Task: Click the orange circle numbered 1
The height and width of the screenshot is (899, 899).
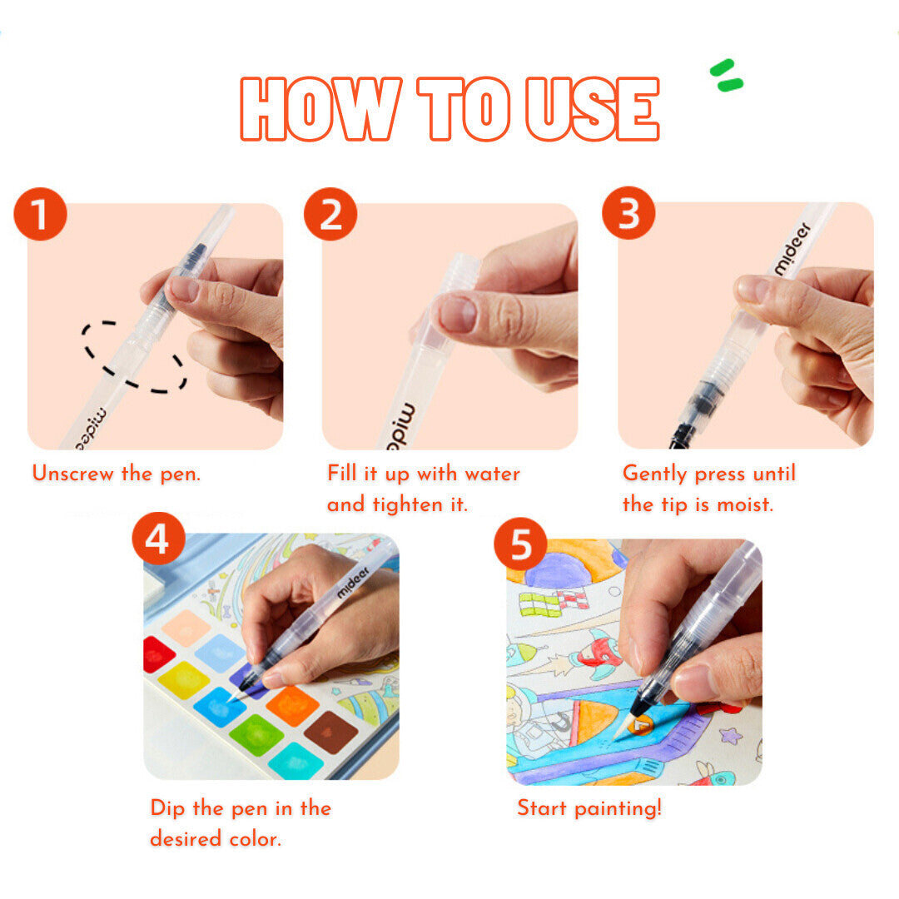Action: tap(40, 214)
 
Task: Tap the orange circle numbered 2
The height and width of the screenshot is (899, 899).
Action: tap(330, 214)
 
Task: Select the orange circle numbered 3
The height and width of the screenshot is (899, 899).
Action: tap(628, 213)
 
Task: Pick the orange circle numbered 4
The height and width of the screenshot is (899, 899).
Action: tap(159, 539)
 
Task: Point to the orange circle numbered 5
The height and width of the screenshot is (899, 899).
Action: tap(520, 544)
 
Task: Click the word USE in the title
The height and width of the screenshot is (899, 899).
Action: tap(593, 109)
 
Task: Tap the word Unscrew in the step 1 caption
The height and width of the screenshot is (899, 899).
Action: tap(72, 474)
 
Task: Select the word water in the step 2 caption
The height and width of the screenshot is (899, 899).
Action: tap(493, 474)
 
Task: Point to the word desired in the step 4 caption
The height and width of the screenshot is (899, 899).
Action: tap(186, 839)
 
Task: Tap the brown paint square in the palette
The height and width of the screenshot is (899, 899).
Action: tap(330, 733)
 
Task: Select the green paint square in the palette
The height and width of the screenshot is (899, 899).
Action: tap(256, 735)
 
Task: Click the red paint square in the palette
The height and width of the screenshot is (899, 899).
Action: tap(157, 654)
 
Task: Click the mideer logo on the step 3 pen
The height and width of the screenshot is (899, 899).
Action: tap(792, 248)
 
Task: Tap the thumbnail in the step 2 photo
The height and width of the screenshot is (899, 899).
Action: tap(457, 313)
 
